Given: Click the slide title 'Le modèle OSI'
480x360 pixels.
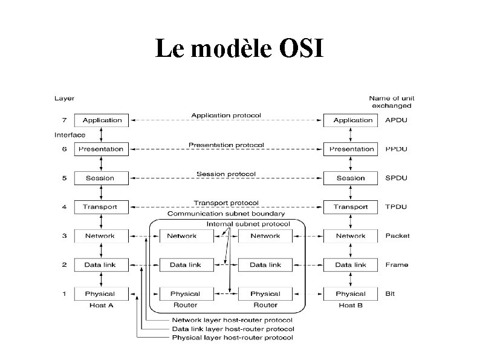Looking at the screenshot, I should [239, 48].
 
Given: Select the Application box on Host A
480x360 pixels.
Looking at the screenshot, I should [102, 120].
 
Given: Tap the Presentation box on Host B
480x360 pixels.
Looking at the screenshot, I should [352, 149].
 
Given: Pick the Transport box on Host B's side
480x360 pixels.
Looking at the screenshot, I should [351, 207].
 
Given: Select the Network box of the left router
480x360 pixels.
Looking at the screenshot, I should [182, 236].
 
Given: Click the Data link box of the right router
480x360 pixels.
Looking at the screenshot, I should [265, 265].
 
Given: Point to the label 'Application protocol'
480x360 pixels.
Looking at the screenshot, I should [226, 115].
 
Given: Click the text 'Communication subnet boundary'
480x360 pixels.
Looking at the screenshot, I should [227, 214].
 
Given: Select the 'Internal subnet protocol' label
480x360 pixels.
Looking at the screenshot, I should [248, 224].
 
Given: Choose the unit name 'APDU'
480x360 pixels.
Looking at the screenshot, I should [396, 120].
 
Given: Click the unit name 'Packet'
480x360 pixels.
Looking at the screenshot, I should [397, 236].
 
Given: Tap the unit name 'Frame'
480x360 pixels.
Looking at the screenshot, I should [396, 265].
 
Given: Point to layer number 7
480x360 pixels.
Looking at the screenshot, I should [64, 120].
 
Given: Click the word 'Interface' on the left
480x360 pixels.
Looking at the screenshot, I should [70, 135].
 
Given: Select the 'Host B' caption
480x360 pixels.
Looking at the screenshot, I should [351, 306].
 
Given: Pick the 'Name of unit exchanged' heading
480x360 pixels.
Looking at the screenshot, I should [392, 102].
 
